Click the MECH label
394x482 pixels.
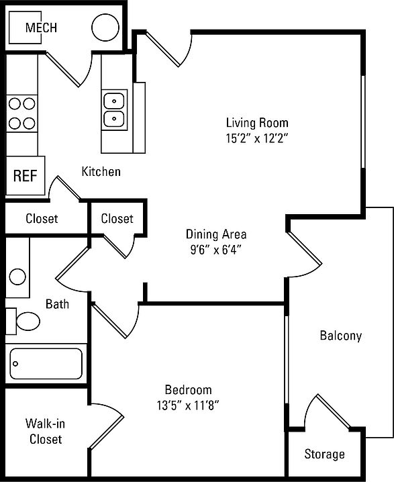41,28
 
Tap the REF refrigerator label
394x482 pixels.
26,176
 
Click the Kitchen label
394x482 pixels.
101,171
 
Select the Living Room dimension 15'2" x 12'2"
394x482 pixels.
257,138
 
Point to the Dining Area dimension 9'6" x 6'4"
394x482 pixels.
216,250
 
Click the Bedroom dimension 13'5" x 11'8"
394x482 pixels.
188,405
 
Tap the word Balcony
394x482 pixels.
341,336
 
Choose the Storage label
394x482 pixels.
325,454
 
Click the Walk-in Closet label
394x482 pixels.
46,431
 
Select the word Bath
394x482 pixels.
57,304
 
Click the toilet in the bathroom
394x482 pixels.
23,322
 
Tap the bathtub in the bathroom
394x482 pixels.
46,364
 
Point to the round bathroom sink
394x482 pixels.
17,277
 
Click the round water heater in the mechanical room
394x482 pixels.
105,28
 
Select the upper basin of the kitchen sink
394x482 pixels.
114,101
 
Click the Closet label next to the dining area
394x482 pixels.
117,219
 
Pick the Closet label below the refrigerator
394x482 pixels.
42,219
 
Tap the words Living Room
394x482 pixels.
257,123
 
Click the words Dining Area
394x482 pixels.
216,234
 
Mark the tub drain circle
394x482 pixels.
15,364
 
